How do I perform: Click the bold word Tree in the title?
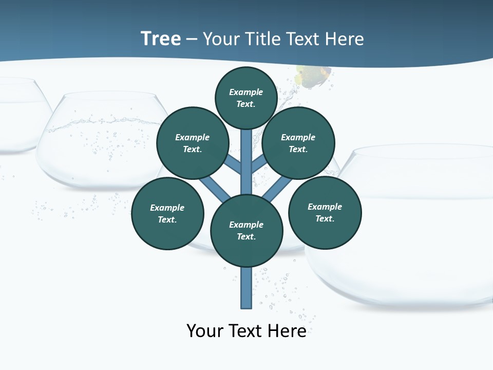(161, 39)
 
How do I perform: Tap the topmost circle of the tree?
(246, 98)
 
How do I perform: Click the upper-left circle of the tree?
(192, 143)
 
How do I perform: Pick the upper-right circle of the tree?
(298, 143)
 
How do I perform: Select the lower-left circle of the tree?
(167, 213)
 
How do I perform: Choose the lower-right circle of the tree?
(325, 212)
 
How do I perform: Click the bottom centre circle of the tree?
(246, 231)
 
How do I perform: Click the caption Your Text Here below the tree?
(246, 330)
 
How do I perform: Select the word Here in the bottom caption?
(288, 330)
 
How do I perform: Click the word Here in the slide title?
(345, 39)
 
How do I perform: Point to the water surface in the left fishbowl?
(103, 122)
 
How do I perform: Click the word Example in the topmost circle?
(246, 92)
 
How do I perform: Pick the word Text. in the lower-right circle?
(325, 218)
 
